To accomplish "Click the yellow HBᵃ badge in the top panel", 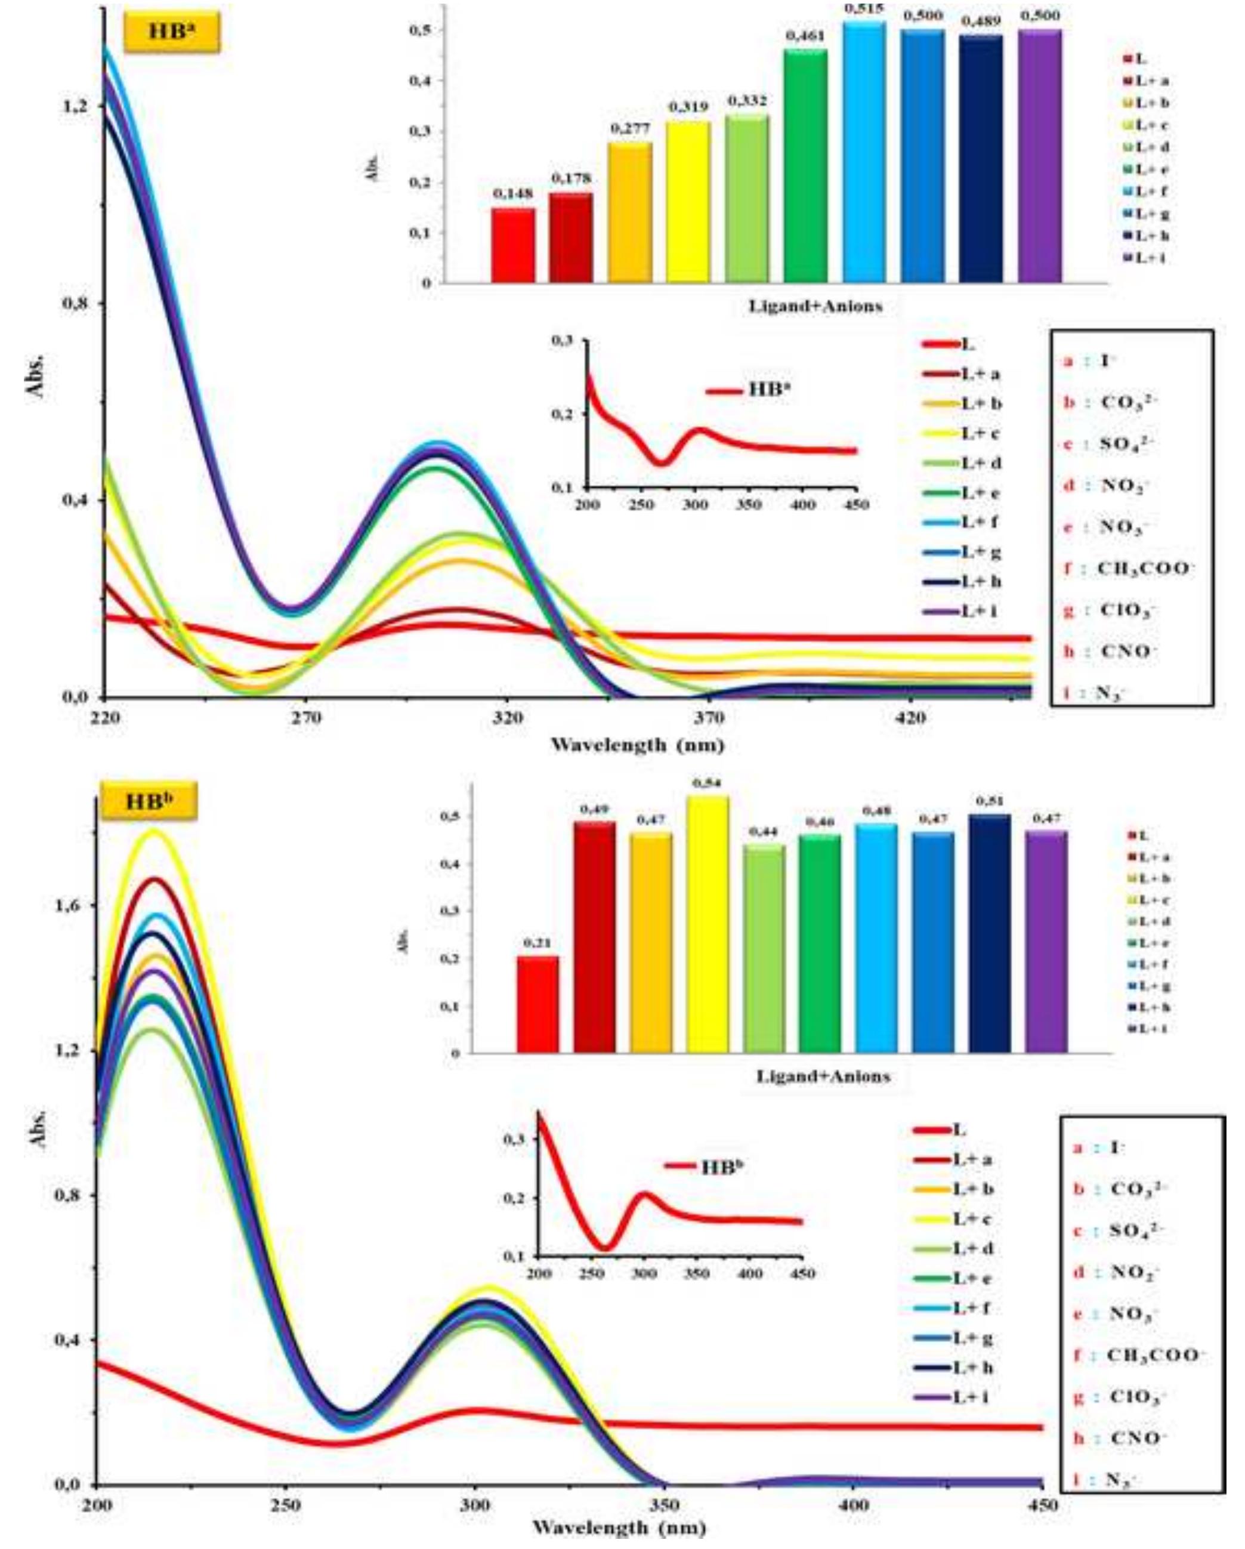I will [172, 32].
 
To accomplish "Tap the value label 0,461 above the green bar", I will [805, 36].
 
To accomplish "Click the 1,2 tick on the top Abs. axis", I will [75, 106].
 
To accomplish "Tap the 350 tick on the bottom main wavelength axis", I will [665, 1504].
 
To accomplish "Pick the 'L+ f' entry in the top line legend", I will [980, 522].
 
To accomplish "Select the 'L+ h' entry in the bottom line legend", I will [973, 1367].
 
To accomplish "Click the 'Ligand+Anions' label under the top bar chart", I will [815, 307].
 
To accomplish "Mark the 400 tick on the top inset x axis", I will [802, 504].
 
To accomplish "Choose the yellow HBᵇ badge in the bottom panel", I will [149, 802].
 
